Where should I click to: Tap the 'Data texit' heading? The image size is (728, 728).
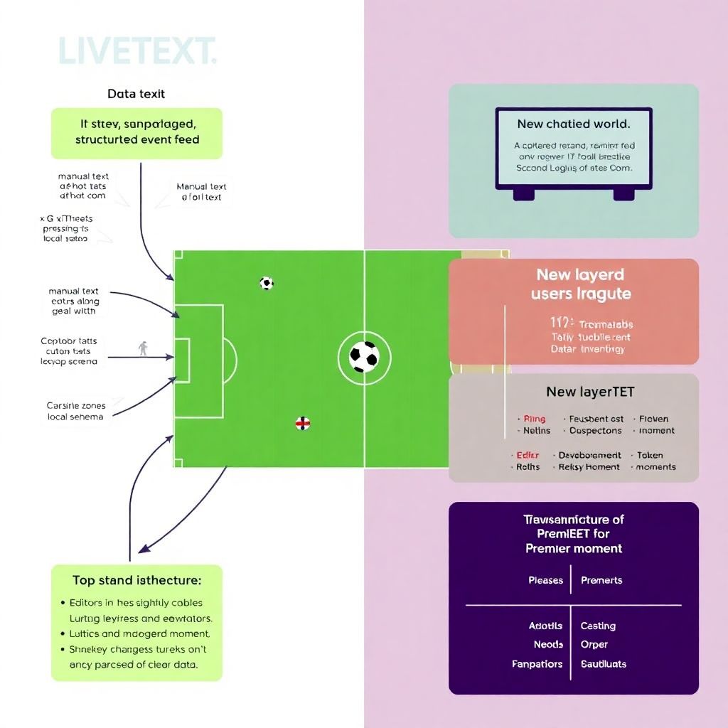[136, 94]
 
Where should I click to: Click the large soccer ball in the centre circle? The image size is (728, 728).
[364, 356]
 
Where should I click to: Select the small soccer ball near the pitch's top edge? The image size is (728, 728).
[267, 283]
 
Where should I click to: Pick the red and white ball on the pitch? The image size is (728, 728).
[303, 424]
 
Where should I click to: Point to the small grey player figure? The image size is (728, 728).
[144, 348]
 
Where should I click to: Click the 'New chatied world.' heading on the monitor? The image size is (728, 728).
[573, 124]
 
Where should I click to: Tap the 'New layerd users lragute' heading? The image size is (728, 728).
[580, 284]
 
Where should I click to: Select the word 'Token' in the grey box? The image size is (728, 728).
[649, 455]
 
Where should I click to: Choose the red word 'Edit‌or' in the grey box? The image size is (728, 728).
[527, 455]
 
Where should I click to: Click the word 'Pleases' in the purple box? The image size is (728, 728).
[545, 580]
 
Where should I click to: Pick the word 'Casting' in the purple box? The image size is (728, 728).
[598, 626]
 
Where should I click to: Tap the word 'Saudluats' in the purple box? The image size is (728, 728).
[604, 664]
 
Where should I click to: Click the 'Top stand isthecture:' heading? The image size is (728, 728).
[136, 580]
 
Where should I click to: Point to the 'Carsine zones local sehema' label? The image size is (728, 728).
[75, 411]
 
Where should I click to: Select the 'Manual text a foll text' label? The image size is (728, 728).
[202, 192]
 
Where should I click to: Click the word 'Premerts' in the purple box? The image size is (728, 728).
[601, 580]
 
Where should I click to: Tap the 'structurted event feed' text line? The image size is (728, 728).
[137, 139]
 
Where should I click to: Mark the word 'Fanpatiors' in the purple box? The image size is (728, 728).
[537, 664]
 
